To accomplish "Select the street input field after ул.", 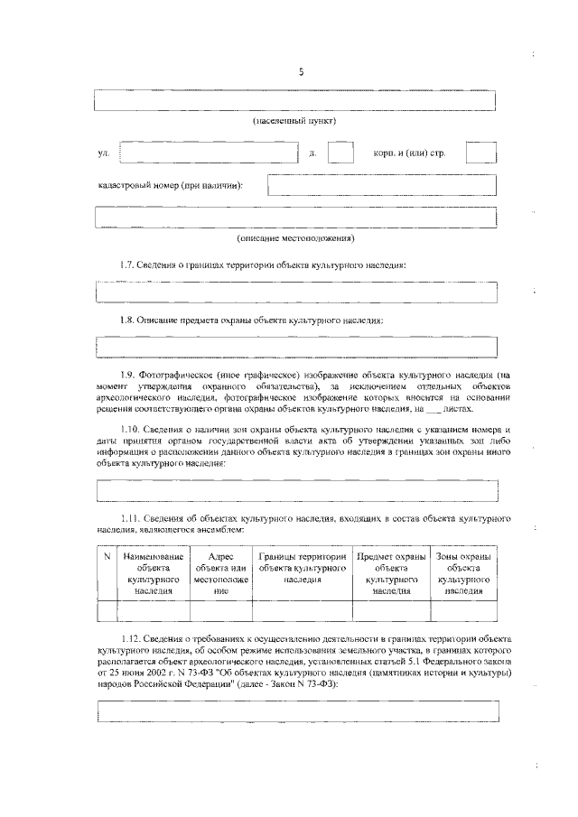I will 209,152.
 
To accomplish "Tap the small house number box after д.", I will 340,152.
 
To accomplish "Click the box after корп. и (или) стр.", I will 481,152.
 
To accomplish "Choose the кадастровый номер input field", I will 382,185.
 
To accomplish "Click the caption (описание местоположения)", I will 295,238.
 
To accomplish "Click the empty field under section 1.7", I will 295,292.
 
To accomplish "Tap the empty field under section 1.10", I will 295,490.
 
